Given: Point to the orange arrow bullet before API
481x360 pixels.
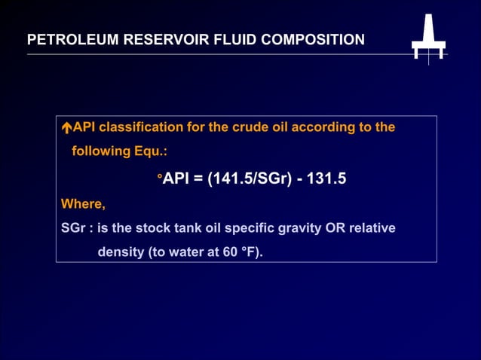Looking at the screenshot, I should [66, 128].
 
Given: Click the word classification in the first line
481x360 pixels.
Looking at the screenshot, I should [141, 127].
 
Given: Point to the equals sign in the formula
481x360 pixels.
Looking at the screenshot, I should [199, 178].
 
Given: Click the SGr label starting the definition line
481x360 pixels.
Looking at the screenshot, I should [73, 227].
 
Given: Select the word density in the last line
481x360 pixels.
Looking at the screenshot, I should [121, 252].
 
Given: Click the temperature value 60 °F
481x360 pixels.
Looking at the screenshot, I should [240, 252].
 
